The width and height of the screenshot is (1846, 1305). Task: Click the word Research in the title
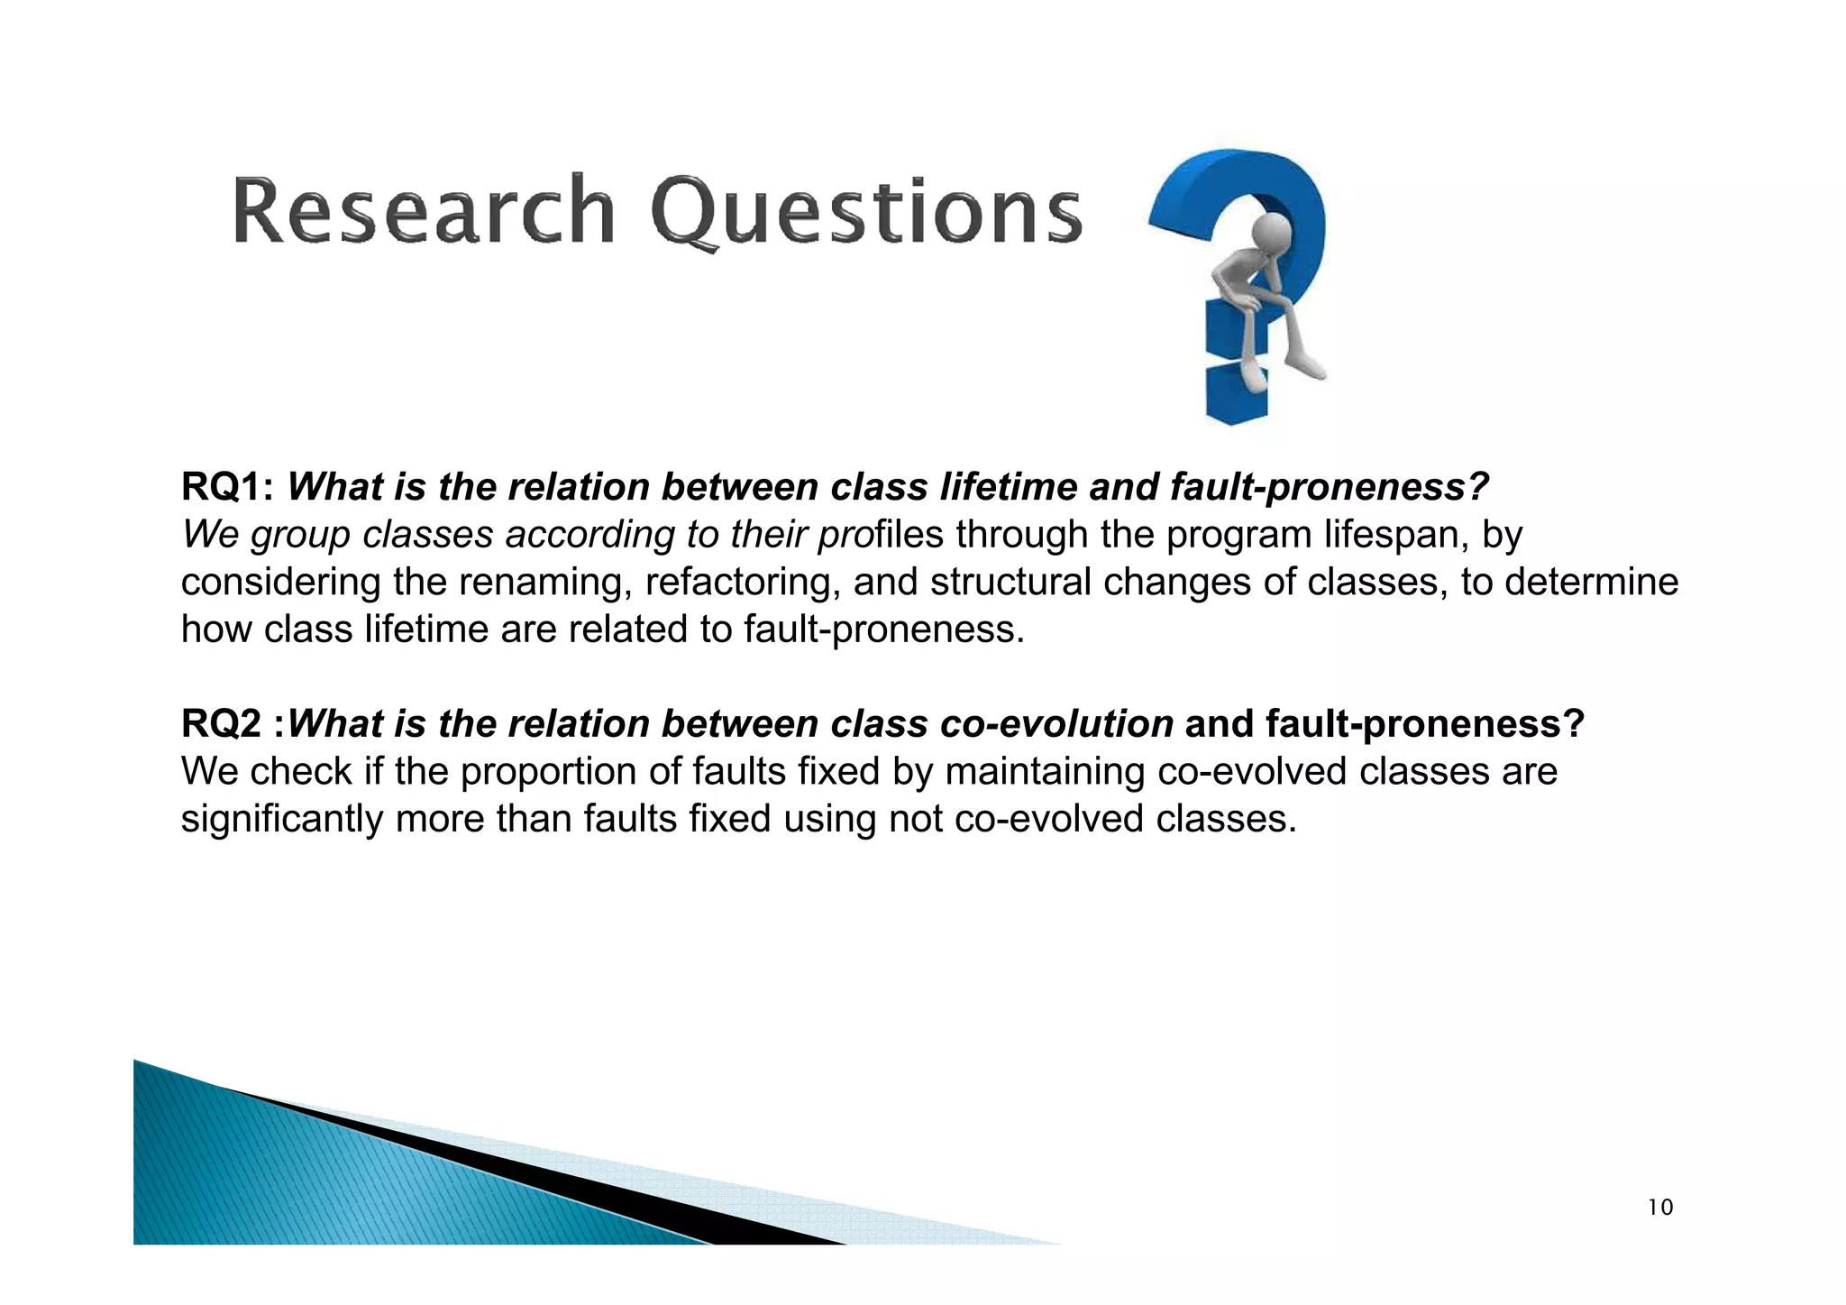coord(424,210)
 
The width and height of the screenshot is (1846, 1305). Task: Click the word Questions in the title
coord(865,212)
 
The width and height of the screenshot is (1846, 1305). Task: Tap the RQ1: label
coord(227,487)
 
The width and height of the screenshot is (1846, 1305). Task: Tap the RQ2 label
coord(221,724)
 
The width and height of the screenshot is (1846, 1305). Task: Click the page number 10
coord(1659,1208)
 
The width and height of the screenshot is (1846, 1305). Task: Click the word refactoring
coord(742,582)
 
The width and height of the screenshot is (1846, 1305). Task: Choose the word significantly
coord(282,819)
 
